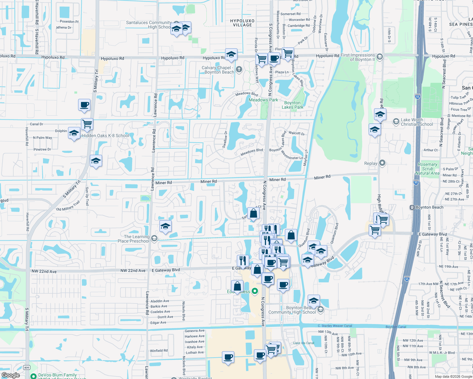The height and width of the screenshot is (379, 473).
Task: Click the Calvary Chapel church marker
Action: tap(239, 69)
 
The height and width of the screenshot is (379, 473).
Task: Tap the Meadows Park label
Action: tap(263, 100)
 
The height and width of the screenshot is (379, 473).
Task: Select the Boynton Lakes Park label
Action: tap(292, 105)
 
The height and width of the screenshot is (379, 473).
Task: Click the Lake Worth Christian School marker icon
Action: tap(396, 122)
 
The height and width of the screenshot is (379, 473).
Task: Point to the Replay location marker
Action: tap(382, 163)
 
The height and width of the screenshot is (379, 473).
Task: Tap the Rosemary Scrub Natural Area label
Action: tap(427, 169)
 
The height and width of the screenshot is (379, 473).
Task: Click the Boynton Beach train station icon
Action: tap(412, 208)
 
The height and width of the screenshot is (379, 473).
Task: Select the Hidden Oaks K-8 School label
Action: tap(106, 135)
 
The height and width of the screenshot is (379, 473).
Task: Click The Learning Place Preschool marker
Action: tap(154, 238)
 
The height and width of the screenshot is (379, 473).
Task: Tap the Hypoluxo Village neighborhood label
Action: tap(243, 23)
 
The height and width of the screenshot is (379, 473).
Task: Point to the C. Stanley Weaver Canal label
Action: tap(335, 326)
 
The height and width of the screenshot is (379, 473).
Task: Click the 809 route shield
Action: tap(27, 367)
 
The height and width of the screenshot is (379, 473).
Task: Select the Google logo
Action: tap(11, 375)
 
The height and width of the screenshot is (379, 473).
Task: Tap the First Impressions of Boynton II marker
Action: tap(380, 57)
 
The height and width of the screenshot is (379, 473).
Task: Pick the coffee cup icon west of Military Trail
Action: tap(84, 105)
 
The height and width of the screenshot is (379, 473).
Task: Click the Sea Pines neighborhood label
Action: tap(461, 24)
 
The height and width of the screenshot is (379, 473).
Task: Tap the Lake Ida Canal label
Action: tap(304, 343)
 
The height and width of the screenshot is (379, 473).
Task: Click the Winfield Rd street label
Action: tap(159, 351)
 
